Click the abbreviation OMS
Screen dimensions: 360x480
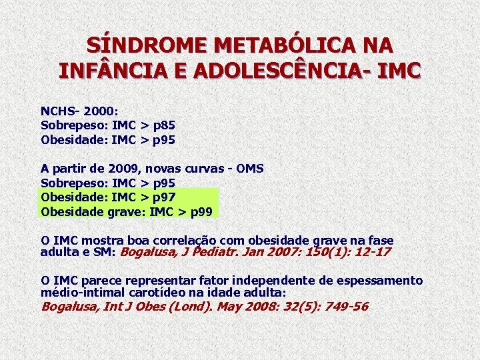[249, 169]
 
